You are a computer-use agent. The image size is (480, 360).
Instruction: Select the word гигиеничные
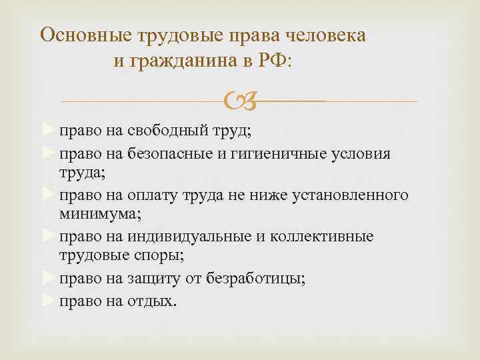pyautogui.click(x=267, y=155)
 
